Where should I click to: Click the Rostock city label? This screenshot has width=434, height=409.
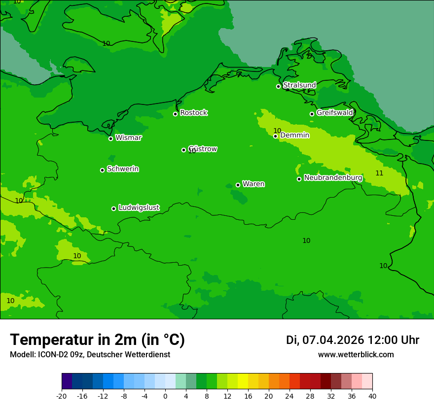[x=193, y=113]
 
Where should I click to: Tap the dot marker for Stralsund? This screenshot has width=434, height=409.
[x=278, y=86]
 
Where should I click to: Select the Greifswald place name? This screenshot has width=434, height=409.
[x=334, y=113]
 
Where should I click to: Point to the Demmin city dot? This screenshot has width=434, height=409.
[x=276, y=136]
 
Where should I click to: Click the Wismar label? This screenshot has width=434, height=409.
[x=128, y=138]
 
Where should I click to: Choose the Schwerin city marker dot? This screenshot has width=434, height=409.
[x=103, y=170]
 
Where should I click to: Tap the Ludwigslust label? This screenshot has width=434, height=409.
[x=139, y=208]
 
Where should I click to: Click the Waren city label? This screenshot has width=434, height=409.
[x=253, y=184]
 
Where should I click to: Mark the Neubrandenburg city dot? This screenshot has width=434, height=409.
[x=299, y=179]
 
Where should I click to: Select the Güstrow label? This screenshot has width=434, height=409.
[x=203, y=149]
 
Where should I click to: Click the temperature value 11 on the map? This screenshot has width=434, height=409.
[x=379, y=173]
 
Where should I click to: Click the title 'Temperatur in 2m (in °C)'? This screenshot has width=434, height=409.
[x=97, y=340]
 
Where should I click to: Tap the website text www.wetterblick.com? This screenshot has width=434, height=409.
[x=356, y=354]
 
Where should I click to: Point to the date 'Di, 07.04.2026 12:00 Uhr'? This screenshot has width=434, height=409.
[x=353, y=340]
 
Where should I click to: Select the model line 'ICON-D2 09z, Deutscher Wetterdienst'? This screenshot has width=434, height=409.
[x=90, y=354]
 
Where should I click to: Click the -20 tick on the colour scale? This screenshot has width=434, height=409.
[x=62, y=396]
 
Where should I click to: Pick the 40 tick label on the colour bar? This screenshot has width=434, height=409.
[x=372, y=396]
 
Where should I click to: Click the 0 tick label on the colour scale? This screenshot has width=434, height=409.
[x=165, y=396]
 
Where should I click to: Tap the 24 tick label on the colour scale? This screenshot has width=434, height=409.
[x=289, y=396]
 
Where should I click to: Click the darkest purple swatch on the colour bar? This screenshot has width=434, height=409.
[x=67, y=381]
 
